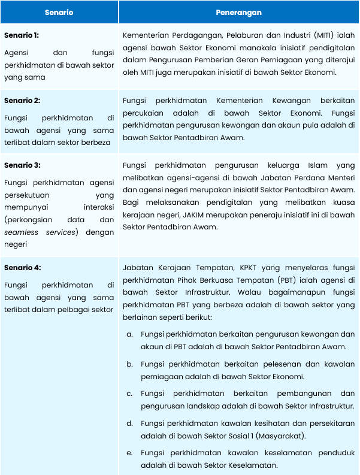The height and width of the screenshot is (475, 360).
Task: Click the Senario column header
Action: (59, 12)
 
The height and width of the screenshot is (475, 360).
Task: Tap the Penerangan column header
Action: (238, 12)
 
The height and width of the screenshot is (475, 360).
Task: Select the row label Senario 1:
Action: (22, 35)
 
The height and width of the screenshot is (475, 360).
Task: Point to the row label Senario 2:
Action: (22, 101)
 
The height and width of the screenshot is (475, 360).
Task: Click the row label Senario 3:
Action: (22, 165)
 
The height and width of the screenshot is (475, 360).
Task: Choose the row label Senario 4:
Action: (22, 268)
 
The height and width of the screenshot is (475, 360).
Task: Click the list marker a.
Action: (129, 334)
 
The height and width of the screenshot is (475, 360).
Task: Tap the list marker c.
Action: (129, 394)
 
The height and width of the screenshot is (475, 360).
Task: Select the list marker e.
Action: (129, 453)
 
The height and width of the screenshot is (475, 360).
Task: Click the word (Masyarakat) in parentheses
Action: (283, 435)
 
